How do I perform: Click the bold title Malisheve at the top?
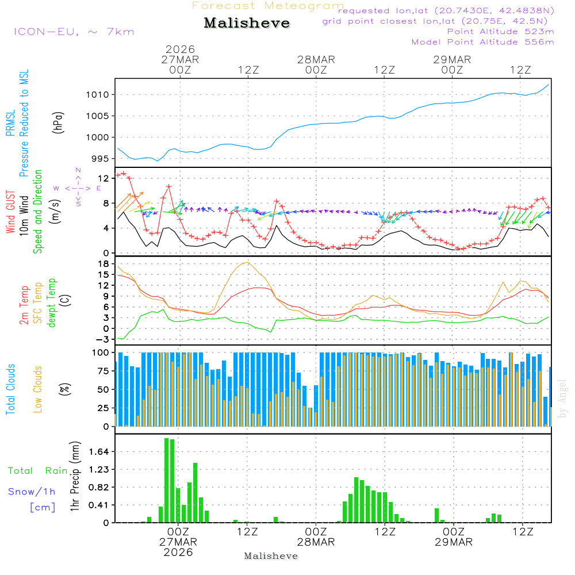247,24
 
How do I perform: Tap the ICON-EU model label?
74,32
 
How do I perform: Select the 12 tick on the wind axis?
105,178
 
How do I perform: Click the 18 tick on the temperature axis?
105,264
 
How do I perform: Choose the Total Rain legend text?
37,471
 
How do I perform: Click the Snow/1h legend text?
32,492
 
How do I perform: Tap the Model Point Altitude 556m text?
483,42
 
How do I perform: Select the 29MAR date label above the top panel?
452,59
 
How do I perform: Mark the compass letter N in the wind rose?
78,170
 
